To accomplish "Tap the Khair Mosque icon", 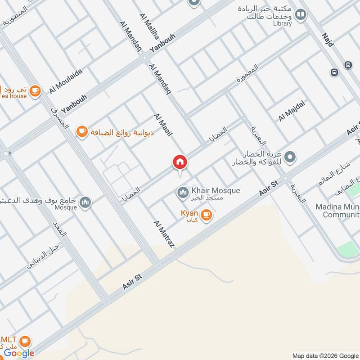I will [x=183, y=193].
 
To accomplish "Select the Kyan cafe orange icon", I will [x=207, y=216].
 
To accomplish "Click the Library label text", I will [x=282, y=23].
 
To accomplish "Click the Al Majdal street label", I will [x=292, y=111].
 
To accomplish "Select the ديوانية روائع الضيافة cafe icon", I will [x=81, y=131].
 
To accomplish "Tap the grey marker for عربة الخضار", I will [x=290, y=157].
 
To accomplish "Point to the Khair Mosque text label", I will [x=216, y=191].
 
